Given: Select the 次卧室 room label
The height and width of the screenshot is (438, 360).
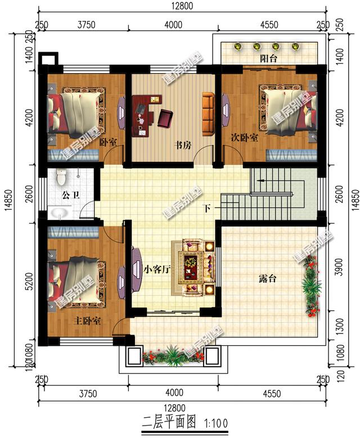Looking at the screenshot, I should (x=244, y=137).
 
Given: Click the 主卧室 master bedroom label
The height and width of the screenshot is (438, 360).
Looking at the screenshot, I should (x=87, y=320).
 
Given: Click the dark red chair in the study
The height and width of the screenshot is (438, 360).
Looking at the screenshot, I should (x=165, y=118).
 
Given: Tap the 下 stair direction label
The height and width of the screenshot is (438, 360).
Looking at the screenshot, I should (x=206, y=209).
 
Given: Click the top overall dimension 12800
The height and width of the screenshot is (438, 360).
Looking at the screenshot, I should (x=182, y=6).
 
